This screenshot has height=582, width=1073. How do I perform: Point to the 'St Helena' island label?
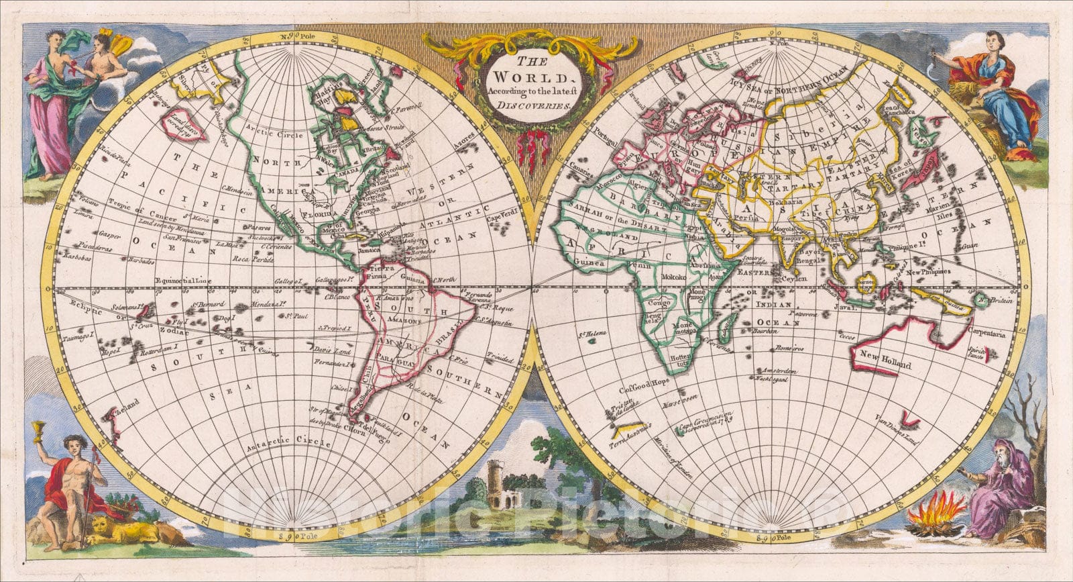589,331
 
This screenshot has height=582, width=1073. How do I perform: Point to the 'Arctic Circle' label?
267,125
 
